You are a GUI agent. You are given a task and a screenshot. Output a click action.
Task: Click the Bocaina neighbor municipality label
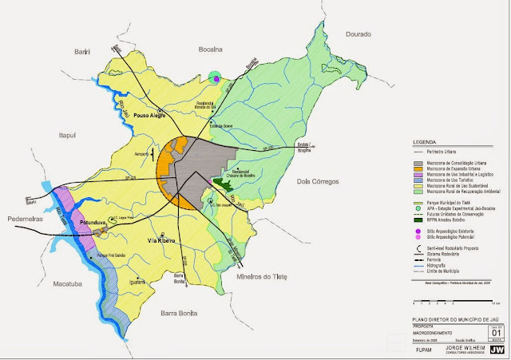tap(212, 49)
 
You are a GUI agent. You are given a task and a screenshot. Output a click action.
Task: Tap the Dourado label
tap(359, 34)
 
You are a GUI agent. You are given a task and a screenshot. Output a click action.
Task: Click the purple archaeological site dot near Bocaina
tap(215, 77)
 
